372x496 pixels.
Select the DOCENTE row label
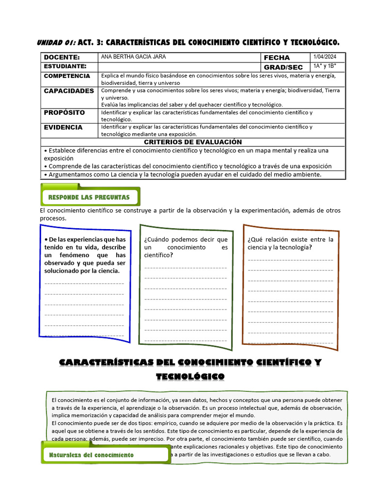(62, 57)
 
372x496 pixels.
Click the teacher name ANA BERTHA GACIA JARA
(133, 57)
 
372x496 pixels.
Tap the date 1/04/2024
(325, 57)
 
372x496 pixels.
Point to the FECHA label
(277, 57)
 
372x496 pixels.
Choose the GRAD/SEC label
(283, 67)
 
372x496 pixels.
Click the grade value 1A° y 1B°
(325, 66)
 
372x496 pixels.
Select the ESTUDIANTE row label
(65, 66)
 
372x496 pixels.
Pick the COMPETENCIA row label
(67, 76)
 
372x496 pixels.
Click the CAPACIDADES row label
(69, 91)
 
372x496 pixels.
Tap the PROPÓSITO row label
(64, 112)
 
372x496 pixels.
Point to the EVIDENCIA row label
(63, 127)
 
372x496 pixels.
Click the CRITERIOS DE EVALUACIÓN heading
(193, 142)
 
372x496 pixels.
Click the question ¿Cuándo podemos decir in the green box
(186, 239)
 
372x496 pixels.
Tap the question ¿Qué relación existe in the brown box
(290, 239)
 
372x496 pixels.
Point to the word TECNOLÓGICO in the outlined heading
(190, 376)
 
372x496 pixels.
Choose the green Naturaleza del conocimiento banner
(92, 455)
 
